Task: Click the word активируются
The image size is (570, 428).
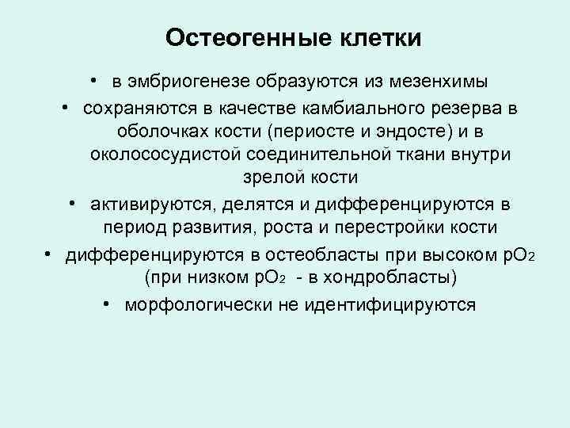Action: [x=150, y=204]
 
